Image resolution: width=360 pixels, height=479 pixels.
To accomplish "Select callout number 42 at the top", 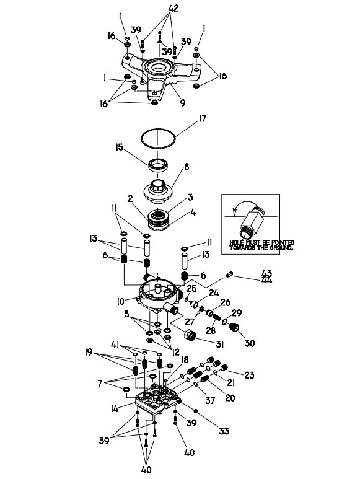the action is pos(173,9).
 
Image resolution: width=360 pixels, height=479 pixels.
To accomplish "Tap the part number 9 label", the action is pos(183,102).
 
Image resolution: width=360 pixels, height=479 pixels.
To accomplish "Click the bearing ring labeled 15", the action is pos(157,165).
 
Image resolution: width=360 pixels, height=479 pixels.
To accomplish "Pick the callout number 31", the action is pos(219,344).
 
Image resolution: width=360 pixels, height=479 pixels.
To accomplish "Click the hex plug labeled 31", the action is pos(191,335).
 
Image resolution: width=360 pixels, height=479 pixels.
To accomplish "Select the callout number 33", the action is pos(224,431).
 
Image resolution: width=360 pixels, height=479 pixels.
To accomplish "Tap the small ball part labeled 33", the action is pos(196,411).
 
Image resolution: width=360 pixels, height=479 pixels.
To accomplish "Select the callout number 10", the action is pos(120,302).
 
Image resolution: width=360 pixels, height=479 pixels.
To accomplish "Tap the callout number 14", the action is pos(115,409).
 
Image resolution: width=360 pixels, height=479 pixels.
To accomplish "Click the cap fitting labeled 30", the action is pos(234,327).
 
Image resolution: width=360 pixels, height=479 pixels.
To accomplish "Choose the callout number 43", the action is pos(266,273).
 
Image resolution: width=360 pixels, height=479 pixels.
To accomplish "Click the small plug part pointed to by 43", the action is pos(229,275).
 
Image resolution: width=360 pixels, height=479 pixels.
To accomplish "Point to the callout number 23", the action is pos(250,374).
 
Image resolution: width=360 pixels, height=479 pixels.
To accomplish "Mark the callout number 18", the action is pos(185,360).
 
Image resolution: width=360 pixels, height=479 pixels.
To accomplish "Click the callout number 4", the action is pos(193,213).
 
